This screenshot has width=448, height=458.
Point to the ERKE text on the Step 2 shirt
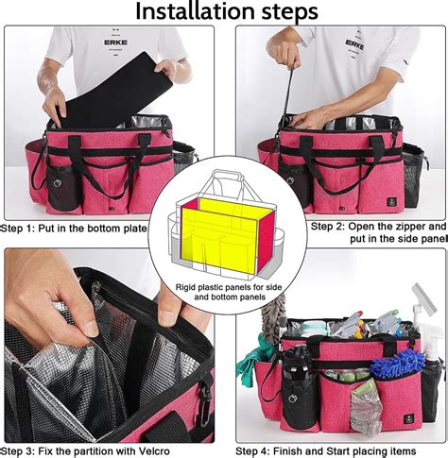(x=354, y=43)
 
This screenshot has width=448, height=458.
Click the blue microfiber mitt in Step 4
(x=396, y=362)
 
